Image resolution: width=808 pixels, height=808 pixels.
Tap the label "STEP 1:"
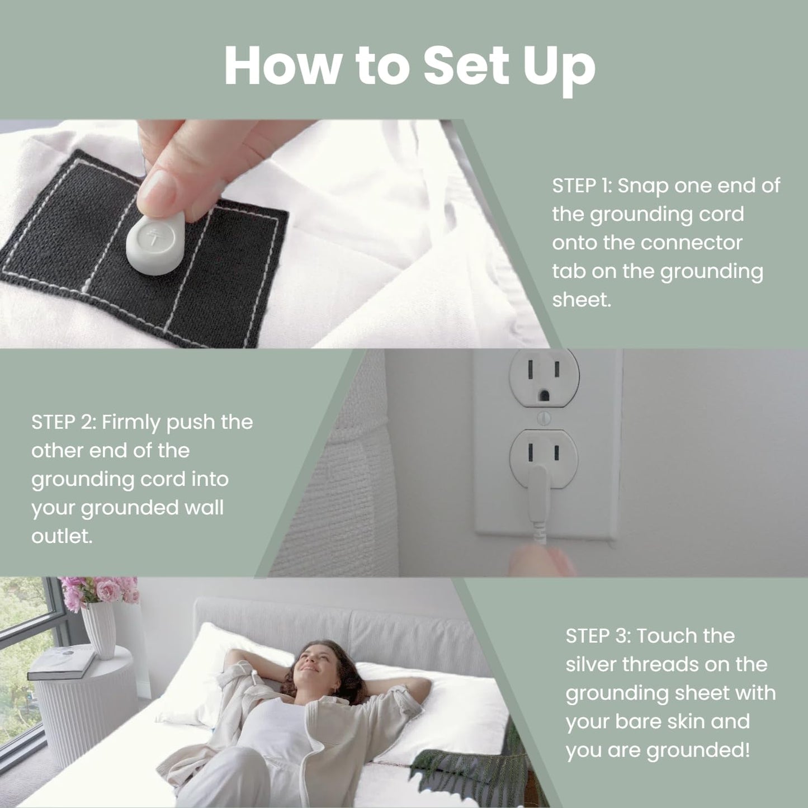click(581, 186)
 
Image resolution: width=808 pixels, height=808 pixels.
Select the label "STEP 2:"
click(63, 422)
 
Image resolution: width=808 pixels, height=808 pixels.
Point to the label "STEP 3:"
click(598, 636)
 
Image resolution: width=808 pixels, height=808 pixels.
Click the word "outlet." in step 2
click(62, 537)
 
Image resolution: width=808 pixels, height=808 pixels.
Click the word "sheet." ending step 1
click(582, 300)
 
